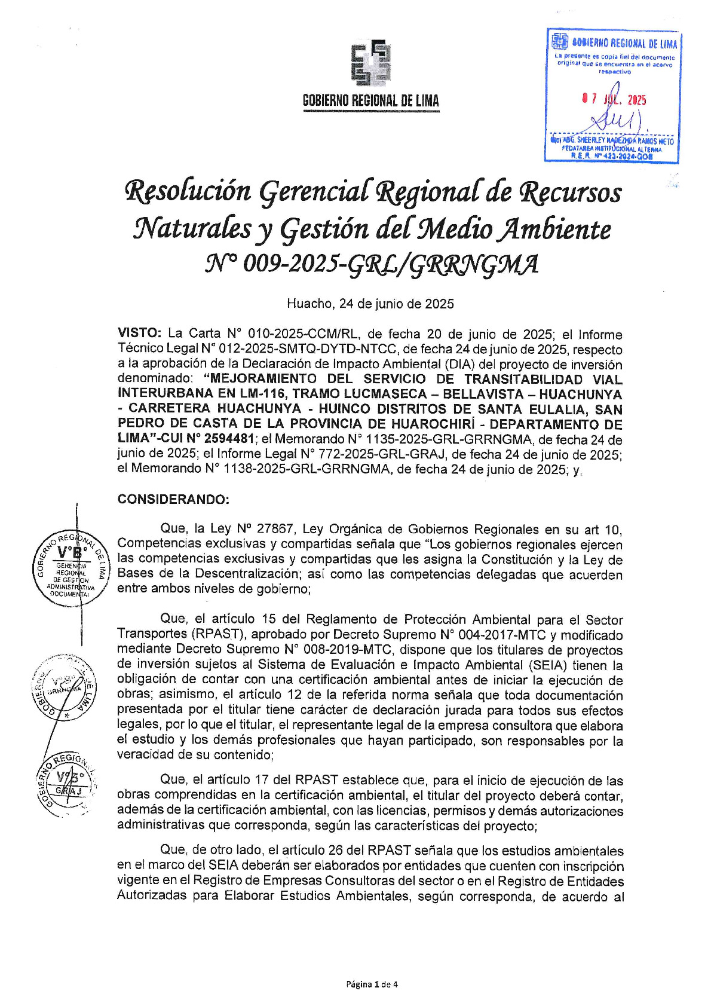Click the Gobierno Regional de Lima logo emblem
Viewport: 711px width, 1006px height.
pyautogui.click(x=370, y=63)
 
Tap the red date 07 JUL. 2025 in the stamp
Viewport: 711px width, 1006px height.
pyautogui.click(x=614, y=100)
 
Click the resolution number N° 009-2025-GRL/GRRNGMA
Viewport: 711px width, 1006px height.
pyautogui.click(x=371, y=264)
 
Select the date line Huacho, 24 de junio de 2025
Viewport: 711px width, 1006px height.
pyautogui.click(x=370, y=304)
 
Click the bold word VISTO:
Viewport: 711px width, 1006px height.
pyautogui.click(x=139, y=334)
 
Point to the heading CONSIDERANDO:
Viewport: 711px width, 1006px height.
pyautogui.click(x=173, y=499)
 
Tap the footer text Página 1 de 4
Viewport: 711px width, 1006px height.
pyautogui.click(x=372, y=984)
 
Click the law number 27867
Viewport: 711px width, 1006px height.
pyautogui.click(x=274, y=529)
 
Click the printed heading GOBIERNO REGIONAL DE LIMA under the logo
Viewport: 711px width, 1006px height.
pyautogui.click(x=370, y=101)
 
